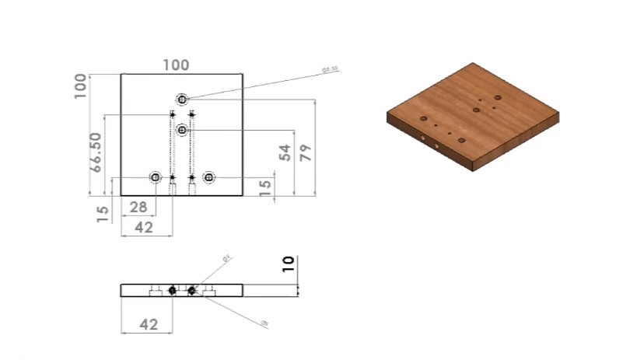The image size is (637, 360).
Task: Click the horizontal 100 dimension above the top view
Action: [x=176, y=65]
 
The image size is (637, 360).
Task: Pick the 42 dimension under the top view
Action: [x=143, y=227]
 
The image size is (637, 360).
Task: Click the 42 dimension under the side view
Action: [x=148, y=324]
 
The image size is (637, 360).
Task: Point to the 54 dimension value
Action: [x=284, y=153]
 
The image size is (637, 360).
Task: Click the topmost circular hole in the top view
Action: [x=182, y=100]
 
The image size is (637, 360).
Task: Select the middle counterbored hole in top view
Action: [x=182, y=130]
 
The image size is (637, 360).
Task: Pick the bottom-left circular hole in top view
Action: [x=156, y=178]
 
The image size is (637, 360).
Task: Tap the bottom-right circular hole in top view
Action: [x=208, y=178]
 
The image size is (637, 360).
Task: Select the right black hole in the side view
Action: [x=191, y=290]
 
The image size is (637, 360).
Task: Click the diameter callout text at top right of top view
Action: [x=330, y=69]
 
